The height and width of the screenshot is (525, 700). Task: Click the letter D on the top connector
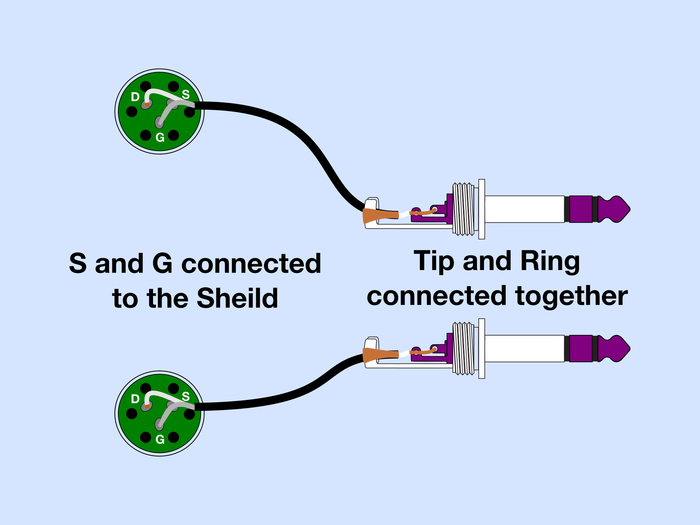pos(135,97)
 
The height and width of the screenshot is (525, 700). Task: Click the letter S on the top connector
pos(185,94)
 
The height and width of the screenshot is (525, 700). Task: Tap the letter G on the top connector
pos(160,137)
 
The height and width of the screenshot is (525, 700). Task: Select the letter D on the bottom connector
pos(135,399)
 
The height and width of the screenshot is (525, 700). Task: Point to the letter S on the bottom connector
pos(185,396)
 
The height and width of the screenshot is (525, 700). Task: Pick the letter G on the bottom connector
pos(160,439)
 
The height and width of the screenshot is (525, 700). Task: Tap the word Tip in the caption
pos(434,261)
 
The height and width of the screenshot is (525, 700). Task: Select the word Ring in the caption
pos(550,261)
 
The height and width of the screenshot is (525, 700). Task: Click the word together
pos(572,296)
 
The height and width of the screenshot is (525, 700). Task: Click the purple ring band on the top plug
pos(581,209)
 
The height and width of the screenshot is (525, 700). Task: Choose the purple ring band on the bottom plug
pos(581,348)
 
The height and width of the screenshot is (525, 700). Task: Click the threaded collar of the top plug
pos(463,209)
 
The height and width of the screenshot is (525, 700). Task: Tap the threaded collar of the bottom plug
pos(463,348)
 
